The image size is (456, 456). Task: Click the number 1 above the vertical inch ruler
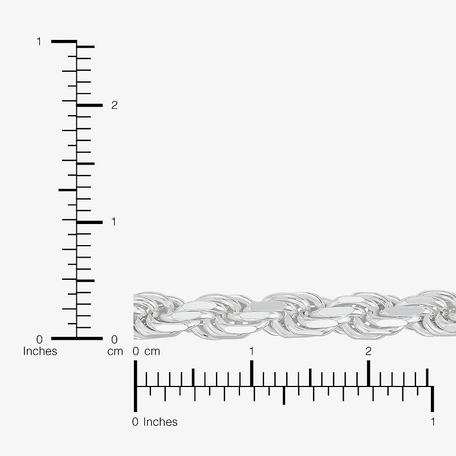point(39,42)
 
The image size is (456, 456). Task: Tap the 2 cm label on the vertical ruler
point(115,105)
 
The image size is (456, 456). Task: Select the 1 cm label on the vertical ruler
point(113,222)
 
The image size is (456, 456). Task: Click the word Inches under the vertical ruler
point(40,351)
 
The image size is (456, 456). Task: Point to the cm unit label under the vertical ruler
point(115,352)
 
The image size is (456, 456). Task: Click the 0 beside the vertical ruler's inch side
point(39,339)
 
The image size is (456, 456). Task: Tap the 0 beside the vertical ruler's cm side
point(115,339)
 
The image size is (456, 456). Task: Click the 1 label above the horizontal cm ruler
point(251,352)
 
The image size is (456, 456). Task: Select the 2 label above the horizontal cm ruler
point(368,352)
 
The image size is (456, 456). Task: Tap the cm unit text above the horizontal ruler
point(152,352)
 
